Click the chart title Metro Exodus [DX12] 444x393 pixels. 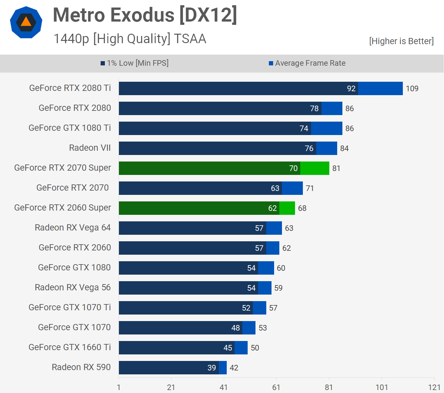(x=145, y=15)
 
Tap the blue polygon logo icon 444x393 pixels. (x=26, y=22)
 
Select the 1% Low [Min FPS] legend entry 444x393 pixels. (x=135, y=63)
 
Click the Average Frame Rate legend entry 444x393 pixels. (x=307, y=63)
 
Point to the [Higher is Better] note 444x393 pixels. (x=401, y=41)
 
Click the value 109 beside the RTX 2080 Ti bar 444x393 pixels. (x=412, y=89)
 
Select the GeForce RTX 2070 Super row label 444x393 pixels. (x=63, y=168)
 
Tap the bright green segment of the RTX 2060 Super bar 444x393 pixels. (x=287, y=208)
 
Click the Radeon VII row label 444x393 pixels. (x=90, y=148)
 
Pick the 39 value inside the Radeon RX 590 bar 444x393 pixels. (x=212, y=368)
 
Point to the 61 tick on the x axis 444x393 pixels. (x=276, y=387)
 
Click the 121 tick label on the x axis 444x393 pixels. (x=434, y=387)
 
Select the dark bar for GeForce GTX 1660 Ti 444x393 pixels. (x=176, y=348)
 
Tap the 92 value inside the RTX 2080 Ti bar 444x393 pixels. (x=351, y=89)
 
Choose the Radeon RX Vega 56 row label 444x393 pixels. (x=73, y=287)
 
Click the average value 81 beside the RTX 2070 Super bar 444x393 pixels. (x=336, y=168)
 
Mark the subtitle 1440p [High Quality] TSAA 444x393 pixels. (x=130, y=39)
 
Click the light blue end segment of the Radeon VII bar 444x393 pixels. (x=327, y=148)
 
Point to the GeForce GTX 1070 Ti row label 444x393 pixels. (x=70, y=307)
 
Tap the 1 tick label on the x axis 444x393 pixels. (x=119, y=387)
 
